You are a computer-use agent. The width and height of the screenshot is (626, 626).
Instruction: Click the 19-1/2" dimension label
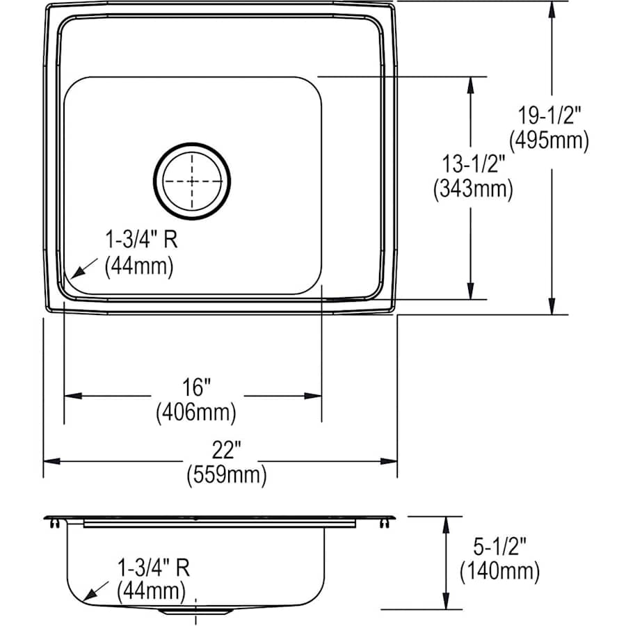click(x=549, y=116)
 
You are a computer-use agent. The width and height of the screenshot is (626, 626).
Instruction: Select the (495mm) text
click(x=549, y=141)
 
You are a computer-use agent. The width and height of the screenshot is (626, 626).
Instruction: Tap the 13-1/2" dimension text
click(x=473, y=164)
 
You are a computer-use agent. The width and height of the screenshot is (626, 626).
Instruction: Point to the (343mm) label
click(x=473, y=188)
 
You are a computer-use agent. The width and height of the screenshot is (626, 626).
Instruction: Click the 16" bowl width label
click(x=196, y=387)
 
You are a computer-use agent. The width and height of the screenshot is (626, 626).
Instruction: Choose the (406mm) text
click(x=196, y=412)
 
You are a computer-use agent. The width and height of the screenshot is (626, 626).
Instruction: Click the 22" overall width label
click(x=226, y=450)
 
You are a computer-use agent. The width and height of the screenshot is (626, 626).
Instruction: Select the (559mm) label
click(x=227, y=475)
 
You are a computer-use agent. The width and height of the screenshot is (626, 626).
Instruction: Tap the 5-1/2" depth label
click(x=500, y=546)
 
